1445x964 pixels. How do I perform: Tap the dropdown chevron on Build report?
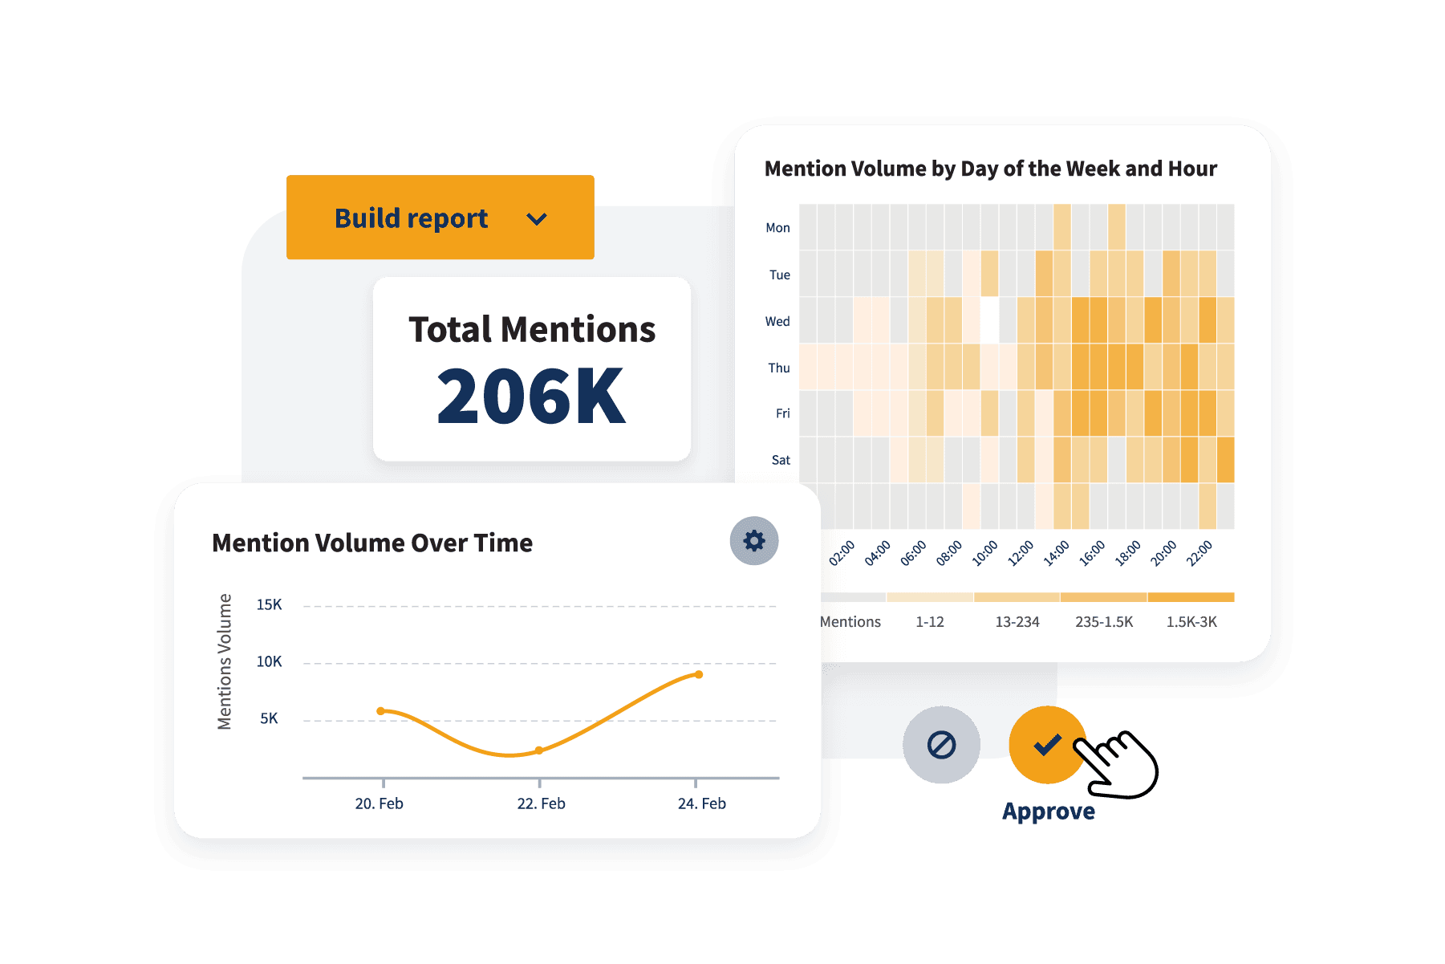point(537,219)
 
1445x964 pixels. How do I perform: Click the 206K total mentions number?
point(530,396)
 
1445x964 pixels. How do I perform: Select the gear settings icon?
point(753,541)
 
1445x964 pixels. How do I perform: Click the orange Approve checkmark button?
point(1046,745)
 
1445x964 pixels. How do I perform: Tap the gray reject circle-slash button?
point(941,745)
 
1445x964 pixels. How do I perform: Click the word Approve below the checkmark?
point(1048,811)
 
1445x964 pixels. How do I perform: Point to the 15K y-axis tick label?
point(269,604)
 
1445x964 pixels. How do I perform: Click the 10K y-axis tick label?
point(269,661)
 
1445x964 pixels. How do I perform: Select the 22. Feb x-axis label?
point(541,803)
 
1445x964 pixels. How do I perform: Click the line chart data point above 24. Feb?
point(699,674)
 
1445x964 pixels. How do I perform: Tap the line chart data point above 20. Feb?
point(381,710)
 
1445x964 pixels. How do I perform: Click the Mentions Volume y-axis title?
point(225,661)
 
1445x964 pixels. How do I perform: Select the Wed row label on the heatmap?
point(777,321)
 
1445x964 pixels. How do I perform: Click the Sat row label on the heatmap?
point(781,460)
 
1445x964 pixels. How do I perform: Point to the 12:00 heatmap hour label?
point(1021,553)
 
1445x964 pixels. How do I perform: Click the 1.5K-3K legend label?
point(1191,622)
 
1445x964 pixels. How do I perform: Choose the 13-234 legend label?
point(1017,622)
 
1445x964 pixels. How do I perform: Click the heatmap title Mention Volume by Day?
point(990,169)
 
